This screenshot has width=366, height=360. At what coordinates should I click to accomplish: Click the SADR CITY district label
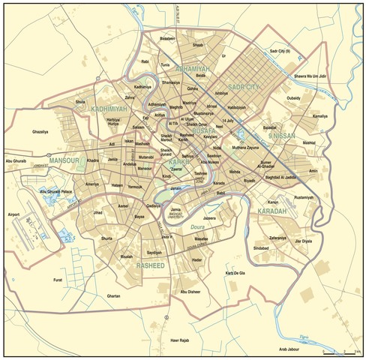click(x=244, y=87)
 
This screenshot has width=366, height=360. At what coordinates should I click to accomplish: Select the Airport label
click(x=13, y=214)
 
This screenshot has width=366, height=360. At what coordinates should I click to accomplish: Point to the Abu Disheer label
click(x=190, y=292)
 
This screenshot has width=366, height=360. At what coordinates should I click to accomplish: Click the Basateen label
click(x=166, y=38)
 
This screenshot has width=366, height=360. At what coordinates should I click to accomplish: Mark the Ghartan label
click(x=113, y=296)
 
